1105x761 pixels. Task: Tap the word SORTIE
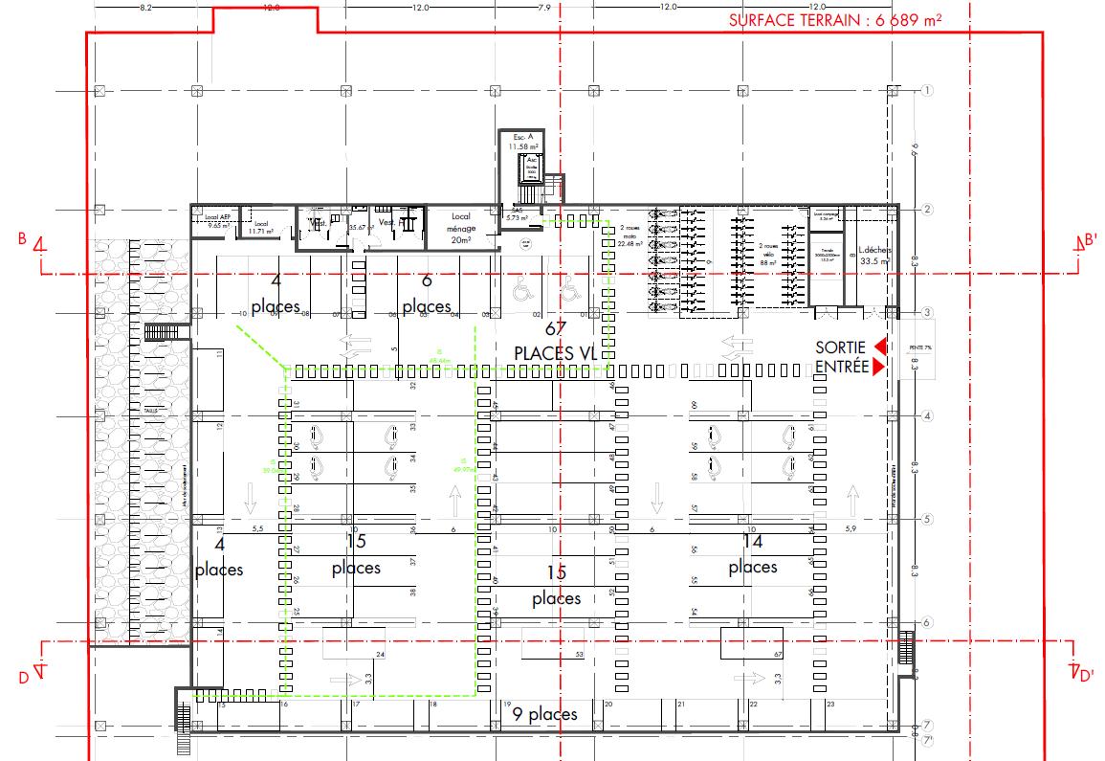840,347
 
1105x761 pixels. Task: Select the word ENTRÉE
841,367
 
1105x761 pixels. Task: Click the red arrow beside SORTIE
880,347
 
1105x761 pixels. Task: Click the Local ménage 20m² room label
461,230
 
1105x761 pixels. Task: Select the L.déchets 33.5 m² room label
873,254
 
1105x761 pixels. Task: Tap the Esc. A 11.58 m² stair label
522,142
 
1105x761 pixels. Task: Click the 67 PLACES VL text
555,342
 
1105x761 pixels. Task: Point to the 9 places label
544,714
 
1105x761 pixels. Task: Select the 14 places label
753,554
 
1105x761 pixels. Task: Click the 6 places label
427,294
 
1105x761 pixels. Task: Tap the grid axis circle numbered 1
926,91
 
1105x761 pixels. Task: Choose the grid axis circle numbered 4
926,416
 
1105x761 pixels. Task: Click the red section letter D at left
23,679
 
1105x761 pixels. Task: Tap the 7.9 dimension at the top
544,8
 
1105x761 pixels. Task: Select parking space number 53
579,655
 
